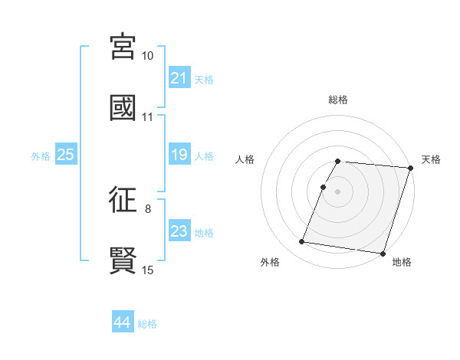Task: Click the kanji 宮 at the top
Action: pos(123,47)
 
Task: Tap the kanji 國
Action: pos(123,107)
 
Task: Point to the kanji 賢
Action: pos(123,260)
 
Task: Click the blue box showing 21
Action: pos(179,78)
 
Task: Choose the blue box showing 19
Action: pos(179,155)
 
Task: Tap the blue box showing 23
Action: pos(179,232)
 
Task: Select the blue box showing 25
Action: pos(66,155)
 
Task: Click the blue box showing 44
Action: pos(122,323)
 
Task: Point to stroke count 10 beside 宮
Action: pos(148,56)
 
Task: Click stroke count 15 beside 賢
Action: pos(148,270)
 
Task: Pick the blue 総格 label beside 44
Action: pos(147,324)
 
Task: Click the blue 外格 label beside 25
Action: pos(41,156)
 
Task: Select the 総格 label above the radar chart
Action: pos(338,100)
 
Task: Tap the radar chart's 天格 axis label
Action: pos(431,159)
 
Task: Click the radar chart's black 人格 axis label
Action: pos(245,159)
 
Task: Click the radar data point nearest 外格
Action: pos(302,242)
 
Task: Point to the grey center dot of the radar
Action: pos(338,191)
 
